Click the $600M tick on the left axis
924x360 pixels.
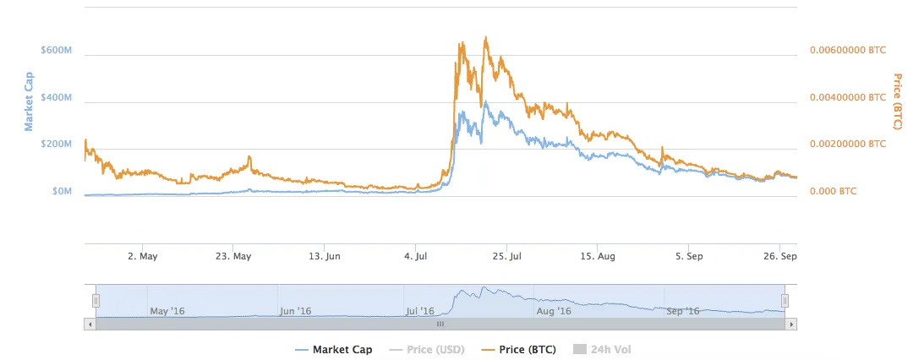57,50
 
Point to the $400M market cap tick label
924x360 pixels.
57,97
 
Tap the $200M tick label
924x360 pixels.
57,144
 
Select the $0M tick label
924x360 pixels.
62,191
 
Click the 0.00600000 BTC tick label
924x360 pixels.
848,50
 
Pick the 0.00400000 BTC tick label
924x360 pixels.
848,97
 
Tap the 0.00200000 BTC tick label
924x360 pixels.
848,144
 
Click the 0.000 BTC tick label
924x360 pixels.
833,191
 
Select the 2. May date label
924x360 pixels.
142,255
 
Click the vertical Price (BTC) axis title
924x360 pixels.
897,101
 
